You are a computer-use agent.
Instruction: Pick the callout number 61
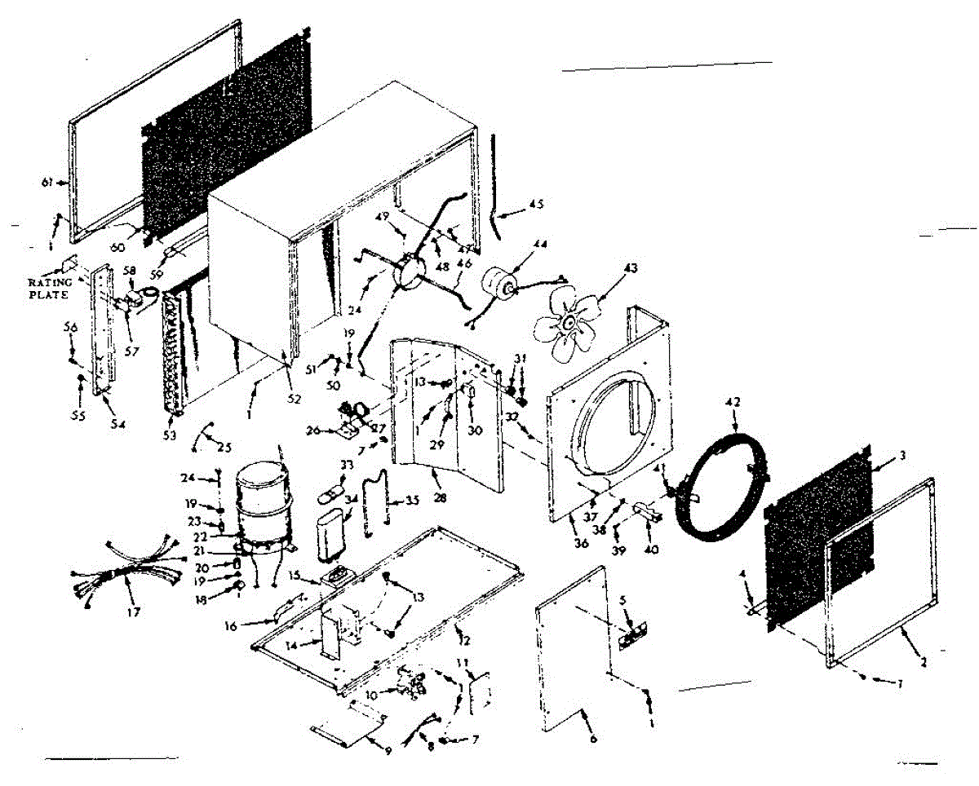(47, 183)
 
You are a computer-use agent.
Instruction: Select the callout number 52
(294, 399)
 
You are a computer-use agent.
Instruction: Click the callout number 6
(593, 739)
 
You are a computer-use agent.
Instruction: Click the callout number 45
(535, 204)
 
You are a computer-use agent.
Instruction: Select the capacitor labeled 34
(335, 534)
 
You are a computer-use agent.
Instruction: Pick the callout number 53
(170, 435)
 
